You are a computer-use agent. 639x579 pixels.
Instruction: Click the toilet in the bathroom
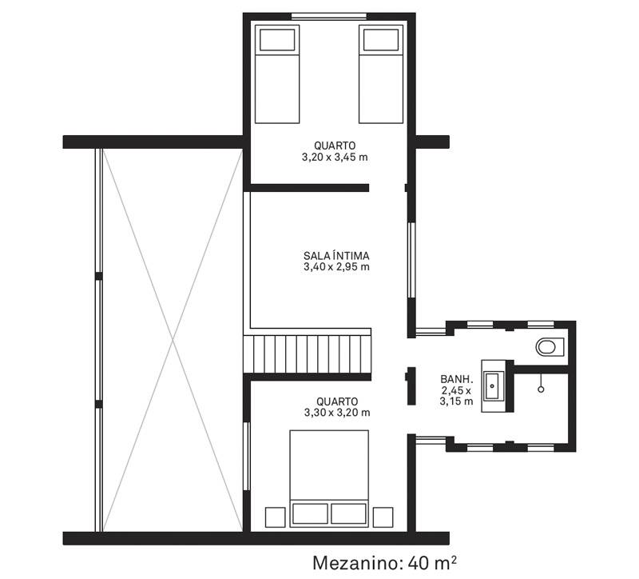click(550, 347)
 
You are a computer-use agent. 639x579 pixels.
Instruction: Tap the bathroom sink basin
click(494, 385)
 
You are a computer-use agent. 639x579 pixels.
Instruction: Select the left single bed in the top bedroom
click(277, 74)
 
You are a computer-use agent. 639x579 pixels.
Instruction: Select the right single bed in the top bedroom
click(381, 74)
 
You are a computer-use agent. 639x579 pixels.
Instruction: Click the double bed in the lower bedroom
click(329, 478)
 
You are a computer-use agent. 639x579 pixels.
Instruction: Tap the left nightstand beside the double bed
click(275, 517)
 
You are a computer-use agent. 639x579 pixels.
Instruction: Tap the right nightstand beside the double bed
click(383, 517)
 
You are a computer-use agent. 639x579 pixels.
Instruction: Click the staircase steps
click(308, 353)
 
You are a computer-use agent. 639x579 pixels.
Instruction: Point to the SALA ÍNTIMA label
click(336, 256)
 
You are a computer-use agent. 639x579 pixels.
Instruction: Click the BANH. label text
click(456, 379)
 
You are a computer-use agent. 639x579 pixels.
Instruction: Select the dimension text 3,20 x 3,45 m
click(335, 157)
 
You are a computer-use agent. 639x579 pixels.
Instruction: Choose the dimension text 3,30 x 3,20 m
click(337, 413)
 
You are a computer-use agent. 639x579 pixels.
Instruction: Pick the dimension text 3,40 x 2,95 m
click(336, 267)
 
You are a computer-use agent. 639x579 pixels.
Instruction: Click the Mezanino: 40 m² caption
click(384, 563)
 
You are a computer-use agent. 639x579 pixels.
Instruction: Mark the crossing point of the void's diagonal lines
click(173, 340)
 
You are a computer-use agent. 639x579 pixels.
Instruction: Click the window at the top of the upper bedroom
click(329, 16)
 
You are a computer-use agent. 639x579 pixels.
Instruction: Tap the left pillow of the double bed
click(310, 513)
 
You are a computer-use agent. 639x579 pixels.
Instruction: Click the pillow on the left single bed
click(277, 39)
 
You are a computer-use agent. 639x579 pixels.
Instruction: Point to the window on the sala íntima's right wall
click(411, 260)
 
